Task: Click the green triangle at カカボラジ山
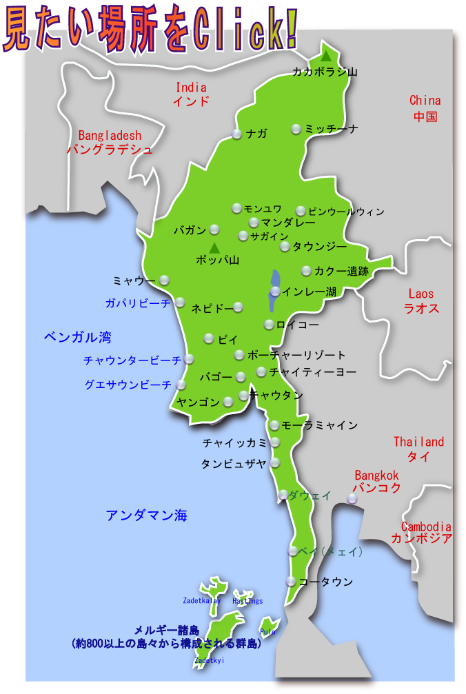(x=327, y=55)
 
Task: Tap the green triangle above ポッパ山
(x=214, y=247)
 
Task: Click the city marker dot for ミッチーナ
(x=296, y=129)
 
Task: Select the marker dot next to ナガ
(x=237, y=134)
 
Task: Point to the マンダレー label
(x=288, y=223)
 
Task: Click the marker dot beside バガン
(x=214, y=229)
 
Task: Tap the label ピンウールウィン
(x=346, y=212)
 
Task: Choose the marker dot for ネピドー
(x=238, y=307)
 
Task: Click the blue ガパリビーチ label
(x=137, y=303)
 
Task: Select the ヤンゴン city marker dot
(x=228, y=402)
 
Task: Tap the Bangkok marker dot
(x=352, y=498)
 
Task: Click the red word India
(x=191, y=88)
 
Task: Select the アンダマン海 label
(x=146, y=516)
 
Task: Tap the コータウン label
(x=326, y=582)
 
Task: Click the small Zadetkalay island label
(x=202, y=600)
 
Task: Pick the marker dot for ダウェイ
(x=283, y=495)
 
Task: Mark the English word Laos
(x=421, y=294)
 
